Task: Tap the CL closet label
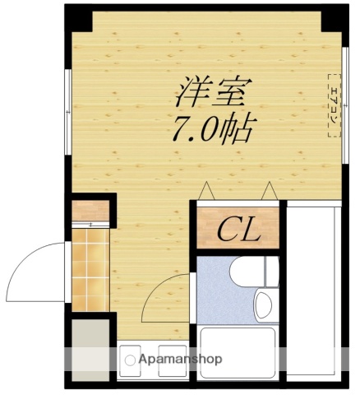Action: [x=238, y=229]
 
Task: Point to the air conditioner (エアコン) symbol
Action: [x=335, y=105]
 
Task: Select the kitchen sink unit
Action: [x=153, y=360]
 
